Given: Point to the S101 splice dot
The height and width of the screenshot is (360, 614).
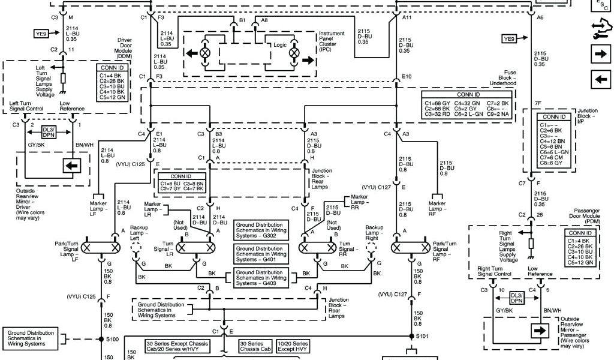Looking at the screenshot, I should (411, 336).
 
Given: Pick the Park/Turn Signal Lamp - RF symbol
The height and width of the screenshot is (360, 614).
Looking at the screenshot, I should (411, 247).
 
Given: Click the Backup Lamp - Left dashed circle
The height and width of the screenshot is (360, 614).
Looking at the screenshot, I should (138, 247).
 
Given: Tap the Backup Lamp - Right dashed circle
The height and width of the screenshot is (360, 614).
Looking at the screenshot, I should (373, 247).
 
